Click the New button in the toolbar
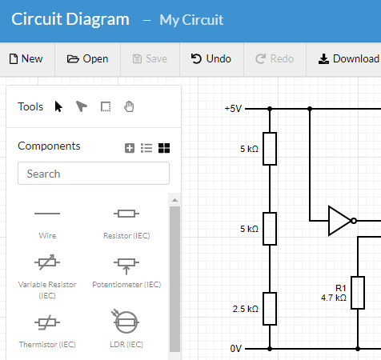pos(26,58)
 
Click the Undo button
pos(211,58)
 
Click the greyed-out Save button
pos(150,58)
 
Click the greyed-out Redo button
pos(275,58)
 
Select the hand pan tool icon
pos(129,106)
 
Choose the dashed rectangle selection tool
pos(105,106)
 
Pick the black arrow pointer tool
pos(58,106)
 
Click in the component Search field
pos(94,174)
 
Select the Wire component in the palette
pos(47,214)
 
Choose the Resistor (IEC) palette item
pos(126,214)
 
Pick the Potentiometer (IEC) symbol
pos(126,263)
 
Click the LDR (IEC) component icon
pos(126,322)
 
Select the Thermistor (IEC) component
pos(47,322)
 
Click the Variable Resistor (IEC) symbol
pos(47,263)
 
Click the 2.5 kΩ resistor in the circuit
pos(271,309)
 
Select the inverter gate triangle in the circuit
pos(339,220)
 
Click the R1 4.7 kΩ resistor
pos(358,293)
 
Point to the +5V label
pos(232,108)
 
